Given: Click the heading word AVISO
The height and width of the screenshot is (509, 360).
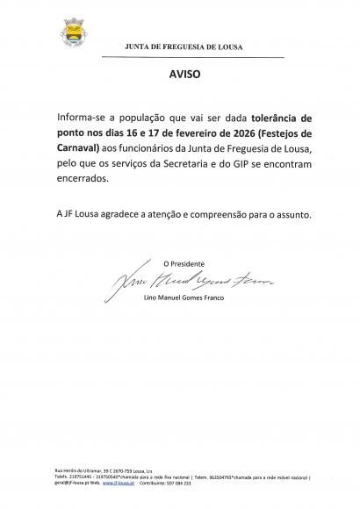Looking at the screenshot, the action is click(x=184, y=75).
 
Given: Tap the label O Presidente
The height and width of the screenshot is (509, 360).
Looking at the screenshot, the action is click(x=184, y=262).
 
